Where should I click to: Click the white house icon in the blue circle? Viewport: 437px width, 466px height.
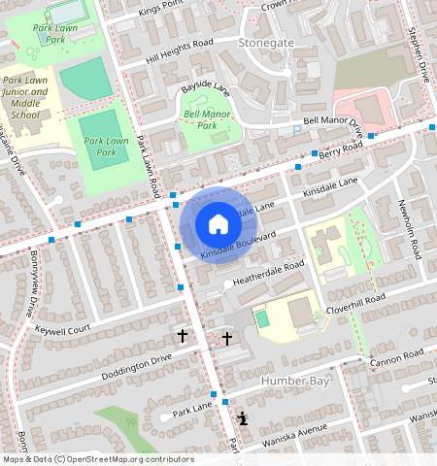tap(218, 225)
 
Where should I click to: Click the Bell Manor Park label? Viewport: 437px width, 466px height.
tap(200, 119)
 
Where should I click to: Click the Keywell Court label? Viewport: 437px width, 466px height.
tap(62, 330)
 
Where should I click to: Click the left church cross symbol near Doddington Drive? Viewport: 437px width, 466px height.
tap(182, 336)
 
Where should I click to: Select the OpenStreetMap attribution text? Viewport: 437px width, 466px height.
tap(97, 460)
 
